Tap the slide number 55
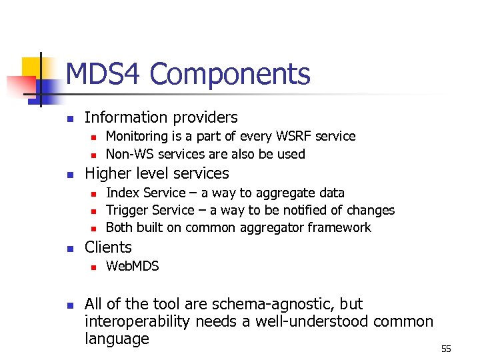tap(446, 349)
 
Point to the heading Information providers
tap(161, 117)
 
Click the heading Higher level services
tap(157, 173)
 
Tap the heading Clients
tap(108, 247)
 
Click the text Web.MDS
tap(133, 266)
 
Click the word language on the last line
tap(117, 339)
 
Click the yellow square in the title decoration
tap(33, 67)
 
